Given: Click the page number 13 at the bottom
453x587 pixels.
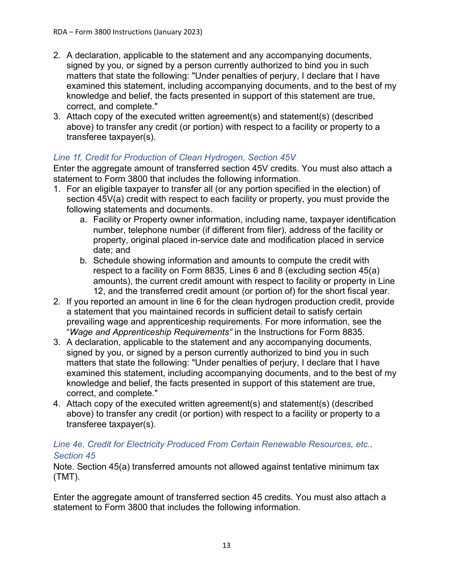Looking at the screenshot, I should click(x=226, y=545).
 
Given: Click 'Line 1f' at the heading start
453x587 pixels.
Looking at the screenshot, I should click(x=67, y=157).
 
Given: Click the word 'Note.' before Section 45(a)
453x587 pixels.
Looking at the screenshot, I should click(x=64, y=466).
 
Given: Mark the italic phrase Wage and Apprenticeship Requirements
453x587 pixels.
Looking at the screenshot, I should click(x=151, y=332).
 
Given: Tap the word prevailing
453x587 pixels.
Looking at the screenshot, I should click(x=86, y=322).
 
